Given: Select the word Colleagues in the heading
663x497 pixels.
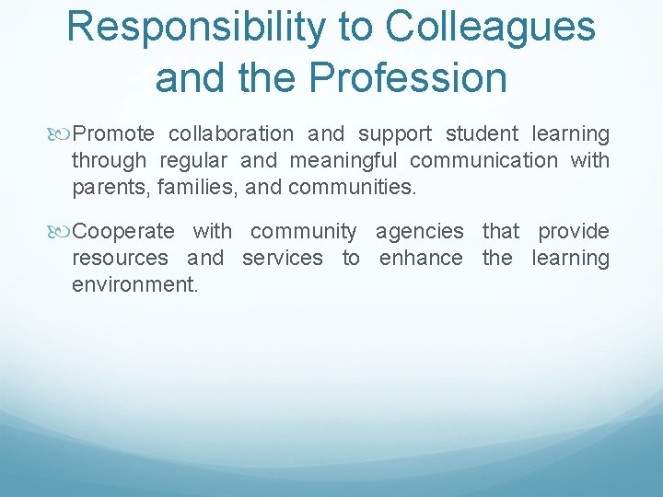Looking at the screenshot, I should pyautogui.click(x=491, y=28).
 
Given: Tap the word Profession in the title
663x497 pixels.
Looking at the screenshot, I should pyautogui.click(x=408, y=77).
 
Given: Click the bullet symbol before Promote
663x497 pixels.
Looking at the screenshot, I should pyautogui.click(x=63, y=134).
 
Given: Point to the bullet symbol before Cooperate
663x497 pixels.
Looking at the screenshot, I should pyautogui.click(x=63, y=231).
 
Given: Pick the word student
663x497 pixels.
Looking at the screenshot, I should pyautogui.click(x=482, y=134).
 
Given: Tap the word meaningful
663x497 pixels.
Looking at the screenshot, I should pyautogui.click(x=344, y=161).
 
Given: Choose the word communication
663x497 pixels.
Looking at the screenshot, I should pyautogui.click(x=483, y=161).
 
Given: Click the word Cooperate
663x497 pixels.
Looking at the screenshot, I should pyautogui.click(x=122, y=231).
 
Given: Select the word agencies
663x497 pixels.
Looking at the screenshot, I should pyautogui.click(x=419, y=231).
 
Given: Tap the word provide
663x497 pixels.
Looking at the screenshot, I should pyautogui.click(x=574, y=231).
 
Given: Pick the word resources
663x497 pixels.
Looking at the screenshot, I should pyautogui.click(x=120, y=258).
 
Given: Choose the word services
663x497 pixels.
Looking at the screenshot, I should pyautogui.click(x=282, y=258).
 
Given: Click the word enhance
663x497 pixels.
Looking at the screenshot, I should pyautogui.click(x=421, y=258).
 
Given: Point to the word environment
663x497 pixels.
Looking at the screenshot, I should pyautogui.click(x=134, y=284).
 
